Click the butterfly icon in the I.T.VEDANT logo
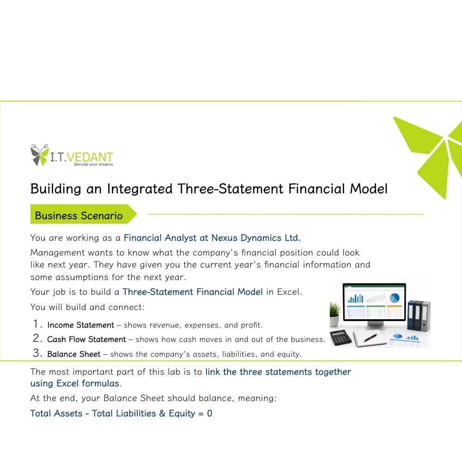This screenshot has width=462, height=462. (39, 155)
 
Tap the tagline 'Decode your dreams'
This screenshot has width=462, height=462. (93, 164)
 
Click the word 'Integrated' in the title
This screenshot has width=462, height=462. (140, 189)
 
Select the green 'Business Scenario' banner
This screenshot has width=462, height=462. (83, 214)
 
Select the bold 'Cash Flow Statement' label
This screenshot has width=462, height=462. (86, 340)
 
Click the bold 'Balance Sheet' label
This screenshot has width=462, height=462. (73, 354)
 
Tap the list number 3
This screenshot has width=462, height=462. (36, 353)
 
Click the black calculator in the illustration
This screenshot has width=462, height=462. (340, 338)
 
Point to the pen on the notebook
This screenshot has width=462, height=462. (371, 338)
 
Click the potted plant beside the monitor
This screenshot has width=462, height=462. (334, 314)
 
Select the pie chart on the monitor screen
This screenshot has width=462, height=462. (394, 298)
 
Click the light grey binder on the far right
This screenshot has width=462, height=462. (426, 316)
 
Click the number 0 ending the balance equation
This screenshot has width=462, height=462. (209, 413)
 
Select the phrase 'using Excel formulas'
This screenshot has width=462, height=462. (75, 383)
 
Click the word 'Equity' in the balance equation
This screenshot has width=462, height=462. (182, 413)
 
